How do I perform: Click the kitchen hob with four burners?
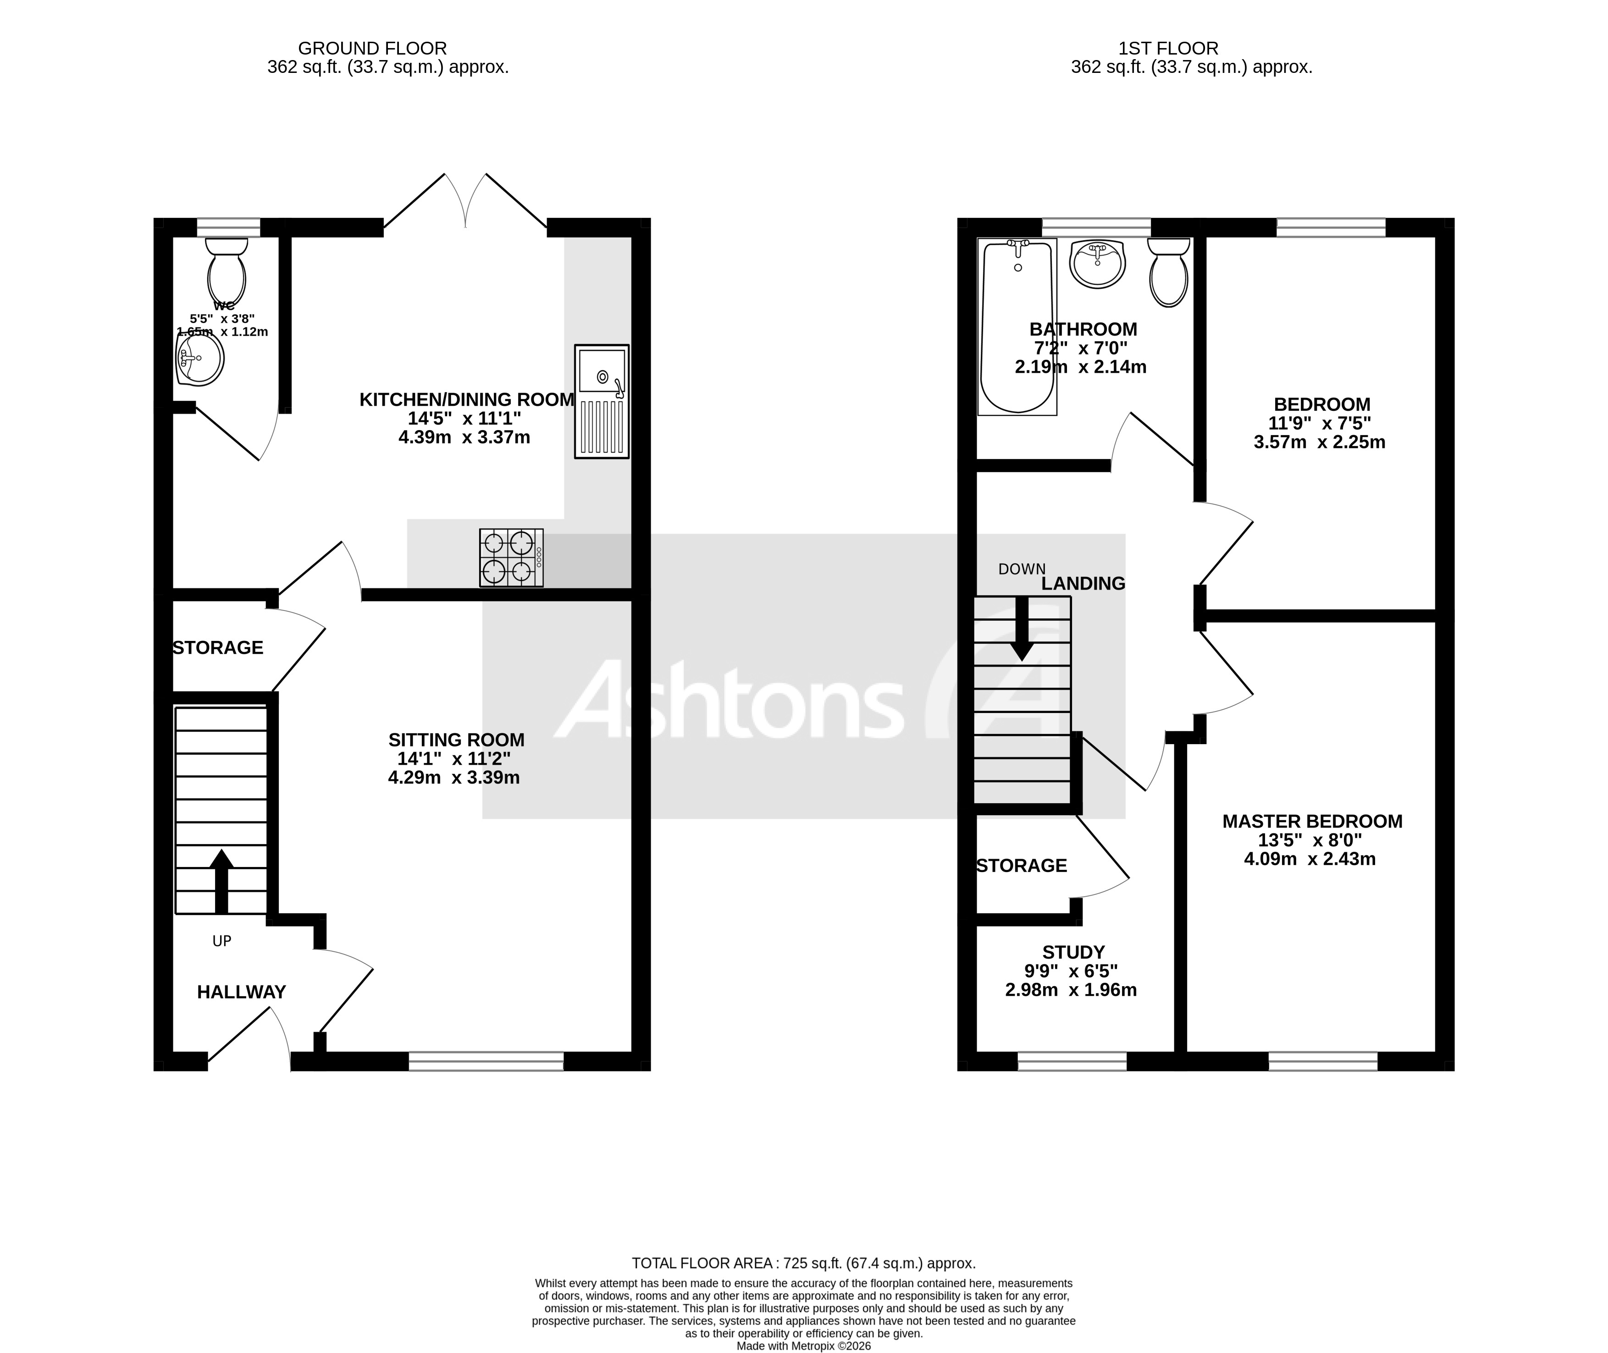511,558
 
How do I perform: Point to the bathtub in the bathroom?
1017,327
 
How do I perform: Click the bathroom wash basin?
1098,263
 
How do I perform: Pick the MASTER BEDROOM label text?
1312,822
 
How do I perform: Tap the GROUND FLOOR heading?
372,48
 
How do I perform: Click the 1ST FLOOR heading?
1168,48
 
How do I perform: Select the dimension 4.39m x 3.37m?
464,438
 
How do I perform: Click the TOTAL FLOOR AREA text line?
803,1263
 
